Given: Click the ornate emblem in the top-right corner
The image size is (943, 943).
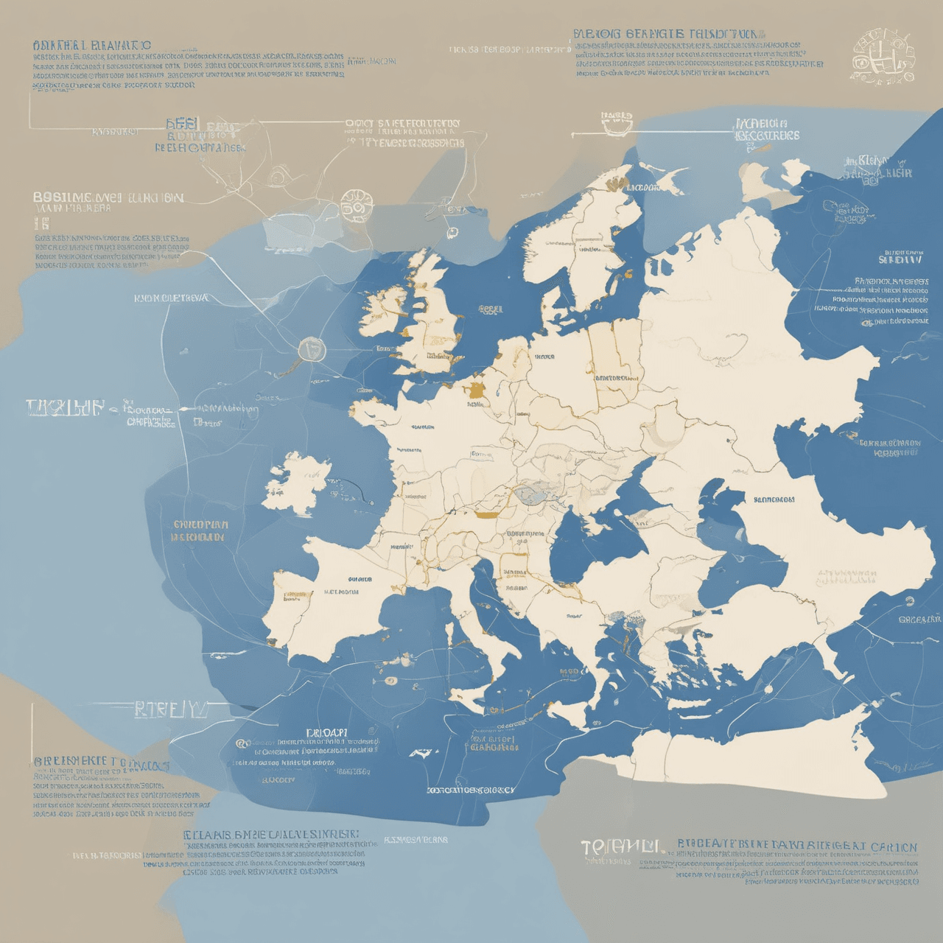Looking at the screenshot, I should (x=883, y=56).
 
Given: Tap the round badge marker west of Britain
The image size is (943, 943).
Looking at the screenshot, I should (x=312, y=348).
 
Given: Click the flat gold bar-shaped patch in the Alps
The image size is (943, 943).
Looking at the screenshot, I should (x=486, y=514).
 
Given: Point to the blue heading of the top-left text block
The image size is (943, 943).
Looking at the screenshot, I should (x=92, y=46).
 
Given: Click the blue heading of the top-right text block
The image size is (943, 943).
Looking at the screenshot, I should (x=667, y=34).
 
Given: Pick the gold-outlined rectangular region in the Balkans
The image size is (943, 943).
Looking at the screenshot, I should (x=513, y=564).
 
